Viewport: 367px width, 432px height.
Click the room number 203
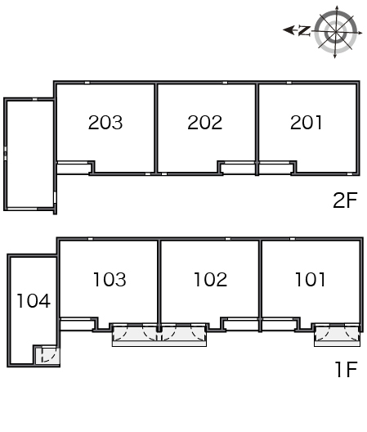(x=105, y=123)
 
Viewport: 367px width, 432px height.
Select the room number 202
(x=205, y=123)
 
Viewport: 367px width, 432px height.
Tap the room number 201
(x=306, y=123)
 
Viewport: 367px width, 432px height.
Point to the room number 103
(x=110, y=280)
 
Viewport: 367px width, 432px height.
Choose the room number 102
(x=211, y=280)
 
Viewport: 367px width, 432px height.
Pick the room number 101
(x=310, y=280)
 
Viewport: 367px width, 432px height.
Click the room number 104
(x=34, y=300)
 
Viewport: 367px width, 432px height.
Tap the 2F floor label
(x=345, y=200)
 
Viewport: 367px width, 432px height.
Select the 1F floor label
(x=347, y=370)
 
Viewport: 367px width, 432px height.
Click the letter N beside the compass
(x=304, y=30)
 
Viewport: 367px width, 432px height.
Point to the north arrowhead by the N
(x=289, y=30)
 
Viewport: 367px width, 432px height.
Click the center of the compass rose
(x=336, y=33)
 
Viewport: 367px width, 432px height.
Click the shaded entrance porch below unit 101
(x=338, y=334)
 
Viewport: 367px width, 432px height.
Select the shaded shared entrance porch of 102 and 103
(x=159, y=335)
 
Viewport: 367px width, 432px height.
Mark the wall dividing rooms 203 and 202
(x=156, y=128)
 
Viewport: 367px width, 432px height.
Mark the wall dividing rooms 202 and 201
(x=257, y=128)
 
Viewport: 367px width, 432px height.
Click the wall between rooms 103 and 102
(x=159, y=286)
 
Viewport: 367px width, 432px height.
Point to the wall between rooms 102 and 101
(x=260, y=286)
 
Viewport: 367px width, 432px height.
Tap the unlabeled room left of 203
(x=30, y=154)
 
